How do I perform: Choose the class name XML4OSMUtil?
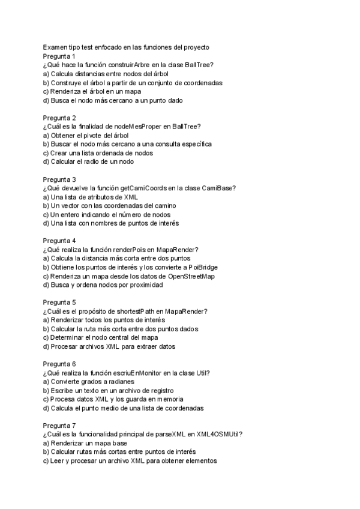pyautogui.click(x=227, y=435)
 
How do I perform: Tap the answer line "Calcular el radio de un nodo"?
pyautogui.click(x=88, y=161)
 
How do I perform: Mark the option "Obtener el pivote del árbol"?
pyautogui.click(x=88, y=135)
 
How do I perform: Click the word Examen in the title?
pyautogui.click(x=55, y=47)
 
